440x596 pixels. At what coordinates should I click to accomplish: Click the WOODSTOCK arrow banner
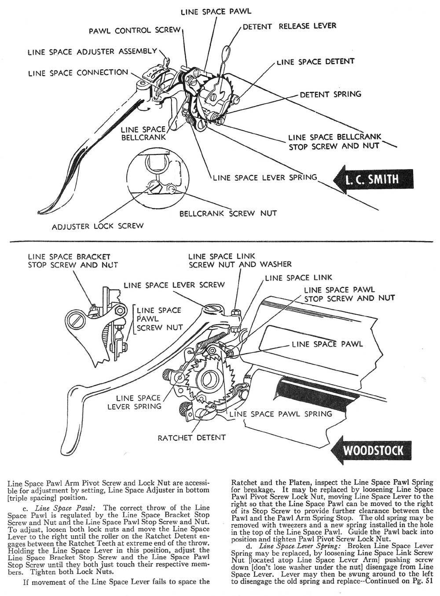[x=373, y=450]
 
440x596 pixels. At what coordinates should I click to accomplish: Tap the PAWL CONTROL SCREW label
[x=135, y=31]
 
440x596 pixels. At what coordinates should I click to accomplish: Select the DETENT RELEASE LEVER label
[x=289, y=26]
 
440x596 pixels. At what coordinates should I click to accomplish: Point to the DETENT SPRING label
[x=330, y=94]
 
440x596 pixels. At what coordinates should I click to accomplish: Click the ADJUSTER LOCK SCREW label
[x=98, y=226]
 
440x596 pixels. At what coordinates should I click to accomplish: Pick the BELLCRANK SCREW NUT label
[x=228, y=213]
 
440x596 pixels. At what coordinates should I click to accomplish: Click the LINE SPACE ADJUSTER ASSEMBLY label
[x=92, y=51]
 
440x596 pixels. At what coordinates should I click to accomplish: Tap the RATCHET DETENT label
[x=191, y=437]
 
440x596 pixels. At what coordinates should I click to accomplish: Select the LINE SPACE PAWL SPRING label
[x=281, y=414]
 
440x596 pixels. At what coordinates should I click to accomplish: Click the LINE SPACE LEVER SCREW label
[x=174, y=285]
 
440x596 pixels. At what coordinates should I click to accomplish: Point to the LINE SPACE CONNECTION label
[x=78, y=73]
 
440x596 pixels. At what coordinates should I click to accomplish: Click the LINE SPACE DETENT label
[x=315, y=62]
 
